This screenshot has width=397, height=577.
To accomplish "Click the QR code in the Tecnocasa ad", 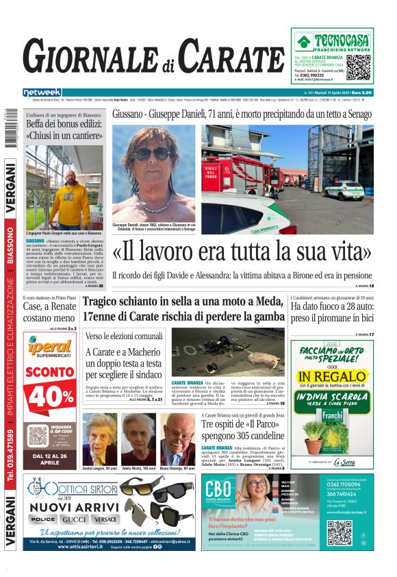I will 359,66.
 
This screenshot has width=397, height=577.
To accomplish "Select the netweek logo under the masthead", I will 42,92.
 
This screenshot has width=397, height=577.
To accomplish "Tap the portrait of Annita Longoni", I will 100,438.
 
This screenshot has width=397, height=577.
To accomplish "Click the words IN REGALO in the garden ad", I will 331,377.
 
